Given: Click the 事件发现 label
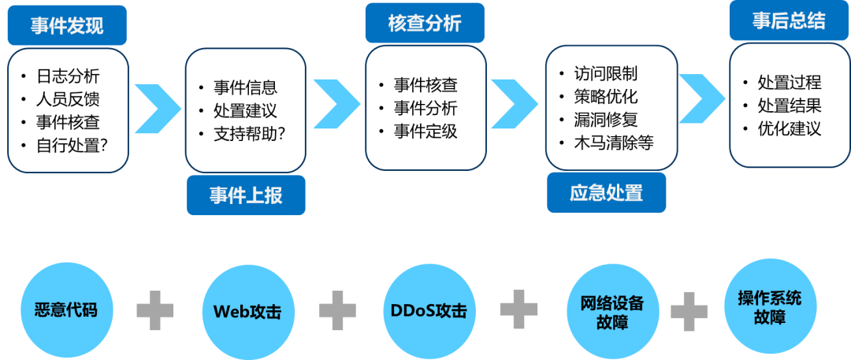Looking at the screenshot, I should tap(67, 27).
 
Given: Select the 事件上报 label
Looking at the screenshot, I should tap(246, 195).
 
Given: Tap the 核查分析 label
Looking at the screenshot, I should tap(424, 24).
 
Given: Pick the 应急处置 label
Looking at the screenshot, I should tap(606, 192).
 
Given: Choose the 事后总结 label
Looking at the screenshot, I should tap(788, 21).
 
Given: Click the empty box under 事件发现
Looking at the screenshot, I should tap(68, 110).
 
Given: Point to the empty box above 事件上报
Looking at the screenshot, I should tap(245, 110).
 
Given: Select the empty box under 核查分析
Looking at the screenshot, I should tap(425, 108).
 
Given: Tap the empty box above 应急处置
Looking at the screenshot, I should tap(611, 107).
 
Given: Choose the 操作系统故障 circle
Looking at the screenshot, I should tap(770, 307).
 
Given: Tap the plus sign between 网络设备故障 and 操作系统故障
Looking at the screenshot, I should tap(689, 312).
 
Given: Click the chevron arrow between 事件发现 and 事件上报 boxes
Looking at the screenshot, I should tap(157, 108).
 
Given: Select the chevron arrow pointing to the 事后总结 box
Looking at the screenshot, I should tap(701, 99).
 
